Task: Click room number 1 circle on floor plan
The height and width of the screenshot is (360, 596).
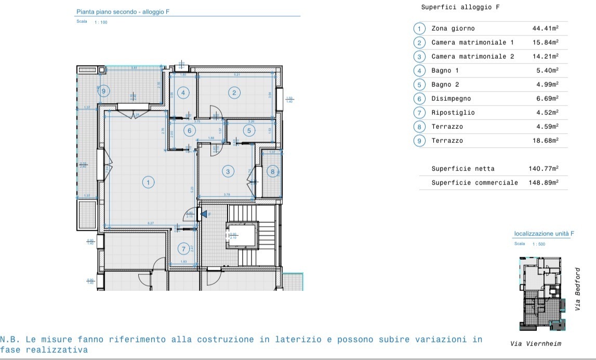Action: (148, 182)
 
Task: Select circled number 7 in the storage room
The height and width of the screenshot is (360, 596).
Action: (182, 248)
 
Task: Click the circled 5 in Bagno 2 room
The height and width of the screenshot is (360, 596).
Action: (249, 130)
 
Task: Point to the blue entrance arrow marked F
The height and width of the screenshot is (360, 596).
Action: (204, 214)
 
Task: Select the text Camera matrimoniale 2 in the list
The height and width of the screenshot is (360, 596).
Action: (472, 57)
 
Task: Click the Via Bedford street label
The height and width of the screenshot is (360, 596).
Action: (577, 289)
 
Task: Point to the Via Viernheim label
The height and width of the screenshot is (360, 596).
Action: (535, 343)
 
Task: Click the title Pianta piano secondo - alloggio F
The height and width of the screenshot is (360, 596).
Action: (123, 11)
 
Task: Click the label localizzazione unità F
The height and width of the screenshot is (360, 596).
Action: (544, 234)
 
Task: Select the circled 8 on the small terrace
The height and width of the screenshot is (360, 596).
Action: (272, 171)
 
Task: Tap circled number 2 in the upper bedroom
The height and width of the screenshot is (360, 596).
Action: (234, 93)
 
